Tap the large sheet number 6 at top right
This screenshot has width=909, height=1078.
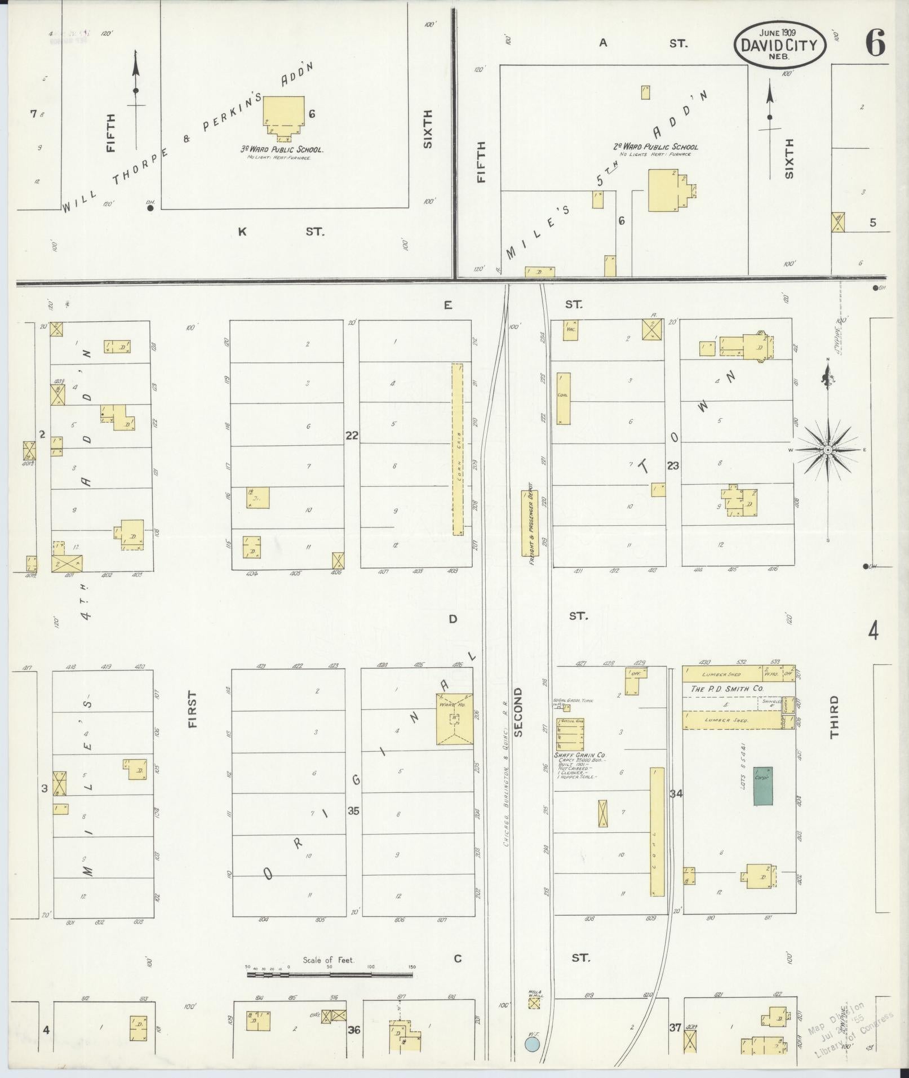click(x=875, y=42)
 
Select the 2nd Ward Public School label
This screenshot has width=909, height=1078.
click(x=655, y=147)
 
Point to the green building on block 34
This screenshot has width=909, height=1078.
click(x=764, y=786)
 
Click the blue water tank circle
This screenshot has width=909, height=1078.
click(x=531, y=1045)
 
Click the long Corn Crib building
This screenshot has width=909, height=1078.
click(x=457, y=449)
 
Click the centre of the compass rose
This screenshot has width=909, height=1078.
click(x=827, y=450)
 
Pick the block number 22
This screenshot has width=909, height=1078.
click(x=352, y=436)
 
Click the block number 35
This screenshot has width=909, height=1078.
click(x=353, y=811)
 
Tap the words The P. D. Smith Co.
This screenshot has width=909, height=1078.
click(x=727, y=689)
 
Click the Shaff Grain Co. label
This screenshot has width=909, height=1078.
click(x=580, y=755)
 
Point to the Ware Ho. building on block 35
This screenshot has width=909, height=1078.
click(x=454, y=719)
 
